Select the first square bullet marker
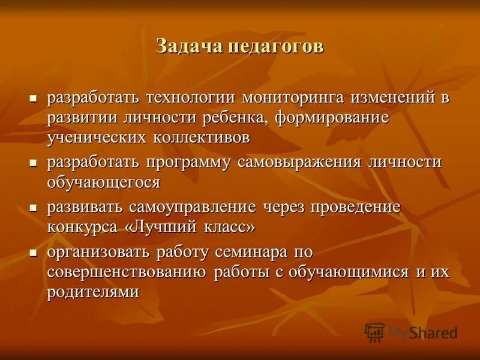(35, 97)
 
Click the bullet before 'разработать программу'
(35, 163)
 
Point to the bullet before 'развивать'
(35, 208)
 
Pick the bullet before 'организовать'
(35, 252)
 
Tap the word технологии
(191, 97)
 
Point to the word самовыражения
(299, 163)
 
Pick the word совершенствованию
(127, 272)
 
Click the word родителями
(94, 292)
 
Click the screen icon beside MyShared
(374, 332)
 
